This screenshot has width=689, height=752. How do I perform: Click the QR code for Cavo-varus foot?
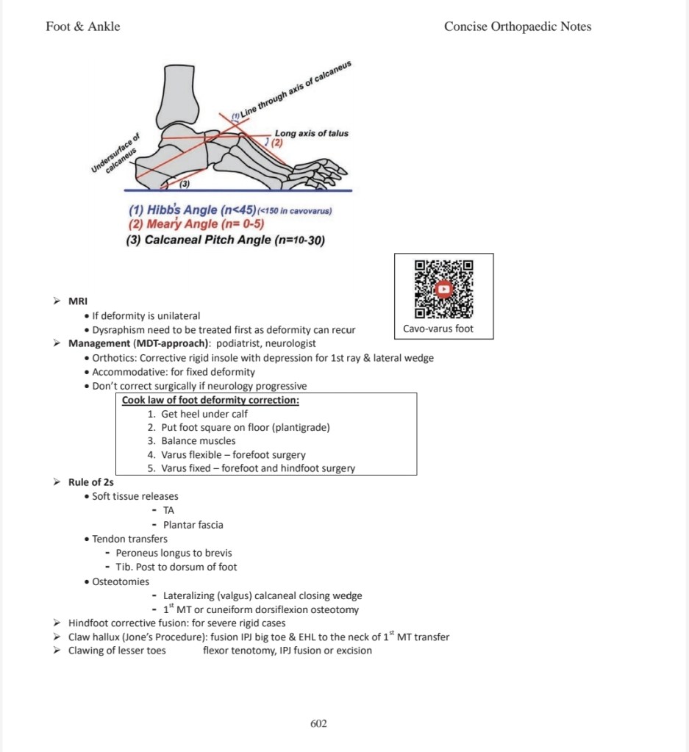tap(443, 289)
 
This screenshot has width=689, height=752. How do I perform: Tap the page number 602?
tap(318, 724)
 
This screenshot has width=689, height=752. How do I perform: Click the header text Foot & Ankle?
tap(83, 26)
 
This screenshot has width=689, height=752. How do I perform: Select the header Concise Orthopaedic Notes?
tap(518, 26)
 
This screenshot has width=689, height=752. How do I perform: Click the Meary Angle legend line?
tap(196, 224)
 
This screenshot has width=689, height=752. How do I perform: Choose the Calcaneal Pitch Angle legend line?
tap(226, 240)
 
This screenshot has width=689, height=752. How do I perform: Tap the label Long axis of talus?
tap(311, 133)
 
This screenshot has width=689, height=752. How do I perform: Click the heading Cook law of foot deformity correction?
tap(210, 401)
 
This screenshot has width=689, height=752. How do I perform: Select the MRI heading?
tap(78, 301)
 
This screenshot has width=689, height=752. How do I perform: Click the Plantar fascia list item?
tap(193, 525)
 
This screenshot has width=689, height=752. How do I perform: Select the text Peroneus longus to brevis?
tap(174, 553)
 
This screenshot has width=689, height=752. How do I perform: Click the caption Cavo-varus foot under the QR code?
tap(438, 329)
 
